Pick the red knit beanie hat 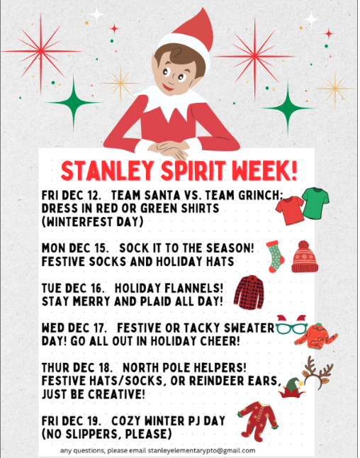(304, 256)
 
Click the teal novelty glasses (293, 328)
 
